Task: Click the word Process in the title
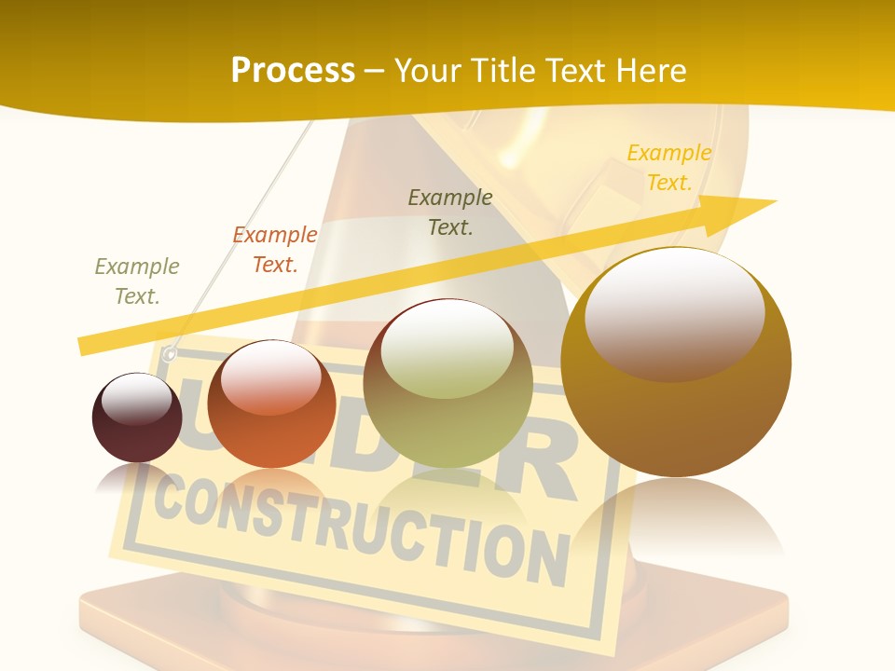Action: (x=293, y=71)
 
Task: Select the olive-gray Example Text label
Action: (x=137, y=281)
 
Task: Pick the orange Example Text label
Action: (x=274, y=250)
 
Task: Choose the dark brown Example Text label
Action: (x=450, y=212)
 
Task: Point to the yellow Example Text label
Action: (x=668, y=168)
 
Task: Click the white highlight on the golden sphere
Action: (x=674, y=312)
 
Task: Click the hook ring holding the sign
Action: (x=169, y=354)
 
